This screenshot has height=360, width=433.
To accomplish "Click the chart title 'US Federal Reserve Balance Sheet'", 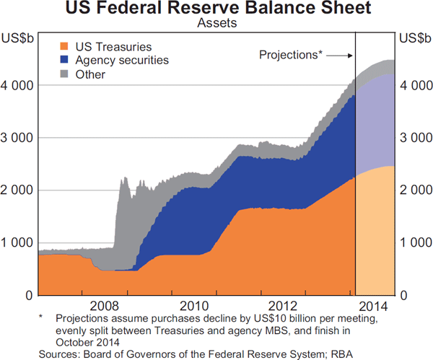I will point(216,9).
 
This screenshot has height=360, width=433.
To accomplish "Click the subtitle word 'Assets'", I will point(216,23).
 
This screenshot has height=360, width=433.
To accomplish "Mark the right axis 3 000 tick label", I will point(415,138).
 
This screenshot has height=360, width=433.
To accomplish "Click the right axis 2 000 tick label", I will point(415,190).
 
